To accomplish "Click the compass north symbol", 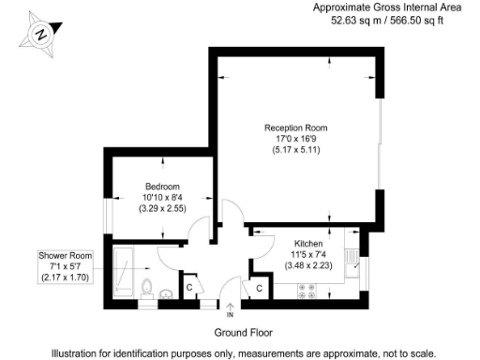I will tap(41, 34).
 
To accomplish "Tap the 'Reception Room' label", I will tap(295, 127).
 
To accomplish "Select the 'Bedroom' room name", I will tap(161, 186).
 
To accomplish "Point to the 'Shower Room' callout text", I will tap(64, 255).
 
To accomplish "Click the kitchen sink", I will tap(351, 260).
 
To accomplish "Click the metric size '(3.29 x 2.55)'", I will tap(161, 208).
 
